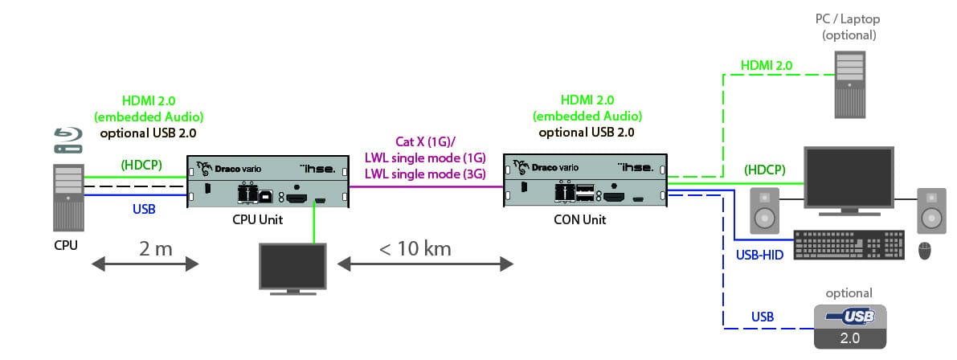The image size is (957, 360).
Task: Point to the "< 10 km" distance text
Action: (415, 249)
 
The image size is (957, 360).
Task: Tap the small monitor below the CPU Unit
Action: (293, 268)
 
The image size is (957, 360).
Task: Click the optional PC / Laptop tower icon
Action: (849, 84)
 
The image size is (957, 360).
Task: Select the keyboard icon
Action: (849, 245)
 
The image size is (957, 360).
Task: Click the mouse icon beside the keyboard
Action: (926, 250)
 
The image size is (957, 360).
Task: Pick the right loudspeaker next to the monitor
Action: (932, 211)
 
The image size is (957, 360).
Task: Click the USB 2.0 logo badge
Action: (850, 326)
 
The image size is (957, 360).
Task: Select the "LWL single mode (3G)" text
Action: (425, 174)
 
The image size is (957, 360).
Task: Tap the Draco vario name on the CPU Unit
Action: (227, 167)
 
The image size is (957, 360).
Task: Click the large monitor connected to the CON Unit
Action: (849, 181)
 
